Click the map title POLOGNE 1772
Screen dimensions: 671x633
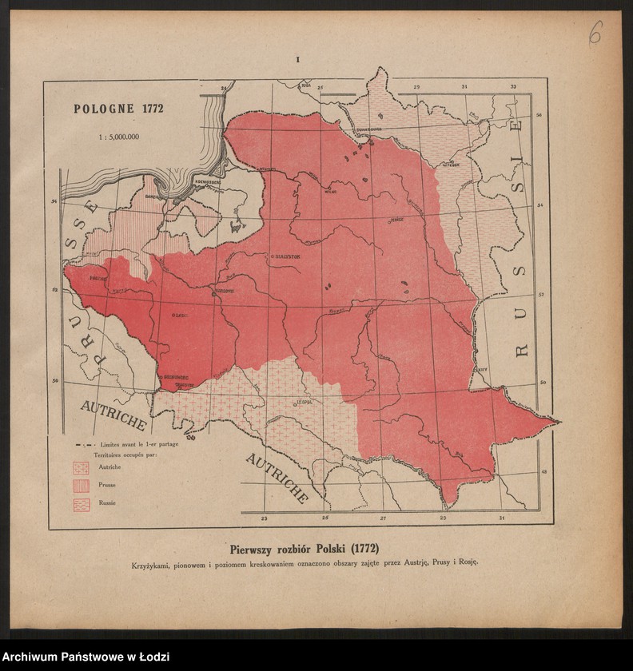tap(118, 109)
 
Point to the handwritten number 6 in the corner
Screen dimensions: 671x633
tap(595, 33)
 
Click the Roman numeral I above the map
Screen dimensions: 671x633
tap(297, 60)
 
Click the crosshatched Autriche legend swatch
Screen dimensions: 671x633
tap(81, 467)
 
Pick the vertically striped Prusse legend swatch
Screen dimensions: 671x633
tap(81, 485)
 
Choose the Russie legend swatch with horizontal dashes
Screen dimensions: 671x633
tap(81, 504)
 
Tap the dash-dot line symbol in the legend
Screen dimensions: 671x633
tap(84, 444)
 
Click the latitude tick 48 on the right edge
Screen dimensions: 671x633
tap(543, 471)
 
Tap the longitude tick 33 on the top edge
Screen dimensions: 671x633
tap(513, 85)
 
